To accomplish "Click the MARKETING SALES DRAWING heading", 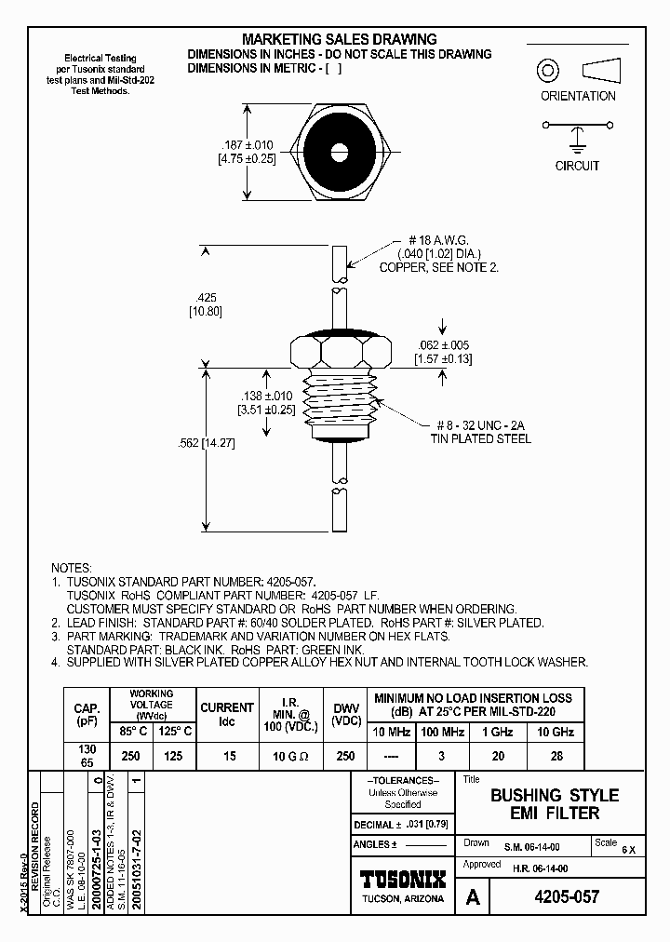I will coord(339,39).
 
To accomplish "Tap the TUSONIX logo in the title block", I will coord(402,880).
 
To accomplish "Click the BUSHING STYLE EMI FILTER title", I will coord(554,804).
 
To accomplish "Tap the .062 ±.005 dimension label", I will coord(449,345).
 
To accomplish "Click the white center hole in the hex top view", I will coord(338,149).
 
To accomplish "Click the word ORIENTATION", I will coord(578,96).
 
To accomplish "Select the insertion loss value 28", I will coord(557,756).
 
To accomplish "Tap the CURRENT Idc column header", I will coord(228,714).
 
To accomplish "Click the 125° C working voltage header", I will coord(175,733).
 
